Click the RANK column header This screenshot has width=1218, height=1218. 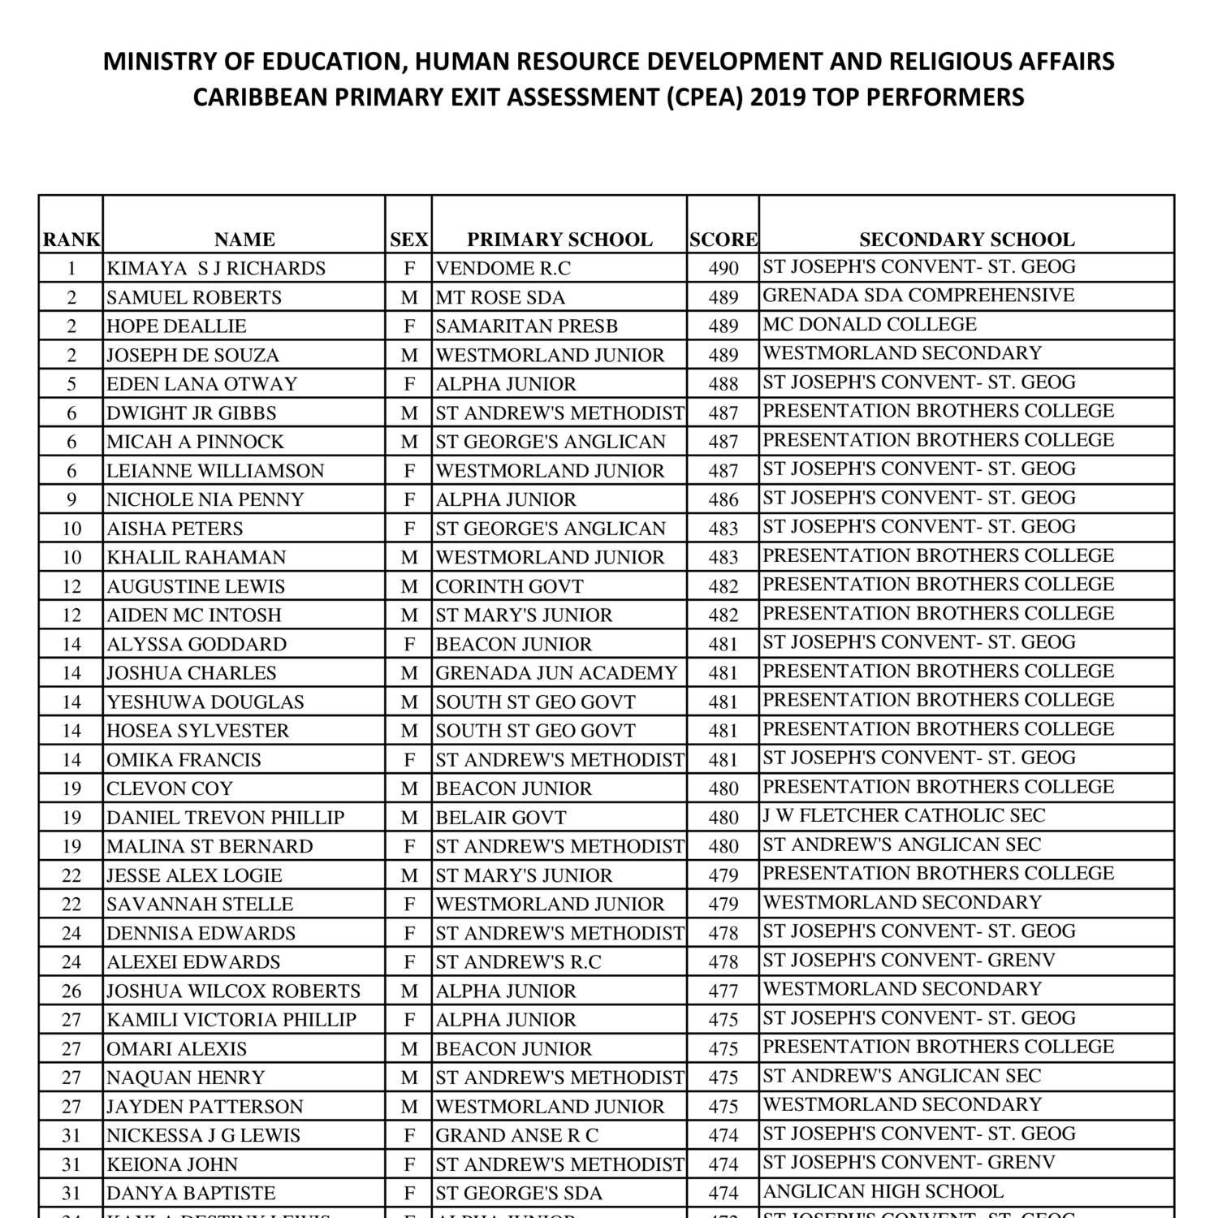(71, 240)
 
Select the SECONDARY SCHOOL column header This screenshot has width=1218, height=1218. (966, 240)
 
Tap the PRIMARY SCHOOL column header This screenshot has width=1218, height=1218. (559, 240)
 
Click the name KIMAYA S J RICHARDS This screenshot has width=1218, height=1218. (216, 269)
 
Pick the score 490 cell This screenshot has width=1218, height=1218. (723, 269)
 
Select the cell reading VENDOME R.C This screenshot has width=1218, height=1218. (503, 269)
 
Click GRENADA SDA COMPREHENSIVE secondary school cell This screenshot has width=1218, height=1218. (918, 296)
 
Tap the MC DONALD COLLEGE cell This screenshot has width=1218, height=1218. (870, 325)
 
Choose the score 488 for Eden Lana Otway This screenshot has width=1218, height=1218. (723, 384)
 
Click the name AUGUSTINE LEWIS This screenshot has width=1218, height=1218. (196, 586)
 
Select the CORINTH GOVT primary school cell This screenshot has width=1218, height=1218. (509, 586)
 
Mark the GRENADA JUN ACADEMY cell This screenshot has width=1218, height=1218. (556, 673)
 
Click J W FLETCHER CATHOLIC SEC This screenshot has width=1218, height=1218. (904, 816)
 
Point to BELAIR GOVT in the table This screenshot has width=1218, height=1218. (501, 818)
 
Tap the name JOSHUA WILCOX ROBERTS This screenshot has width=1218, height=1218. (233, 991)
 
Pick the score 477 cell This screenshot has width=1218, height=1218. (723, 991)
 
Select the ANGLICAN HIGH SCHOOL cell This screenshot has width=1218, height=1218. (883, 1192)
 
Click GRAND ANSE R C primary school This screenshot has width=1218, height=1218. (516, 1136)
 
